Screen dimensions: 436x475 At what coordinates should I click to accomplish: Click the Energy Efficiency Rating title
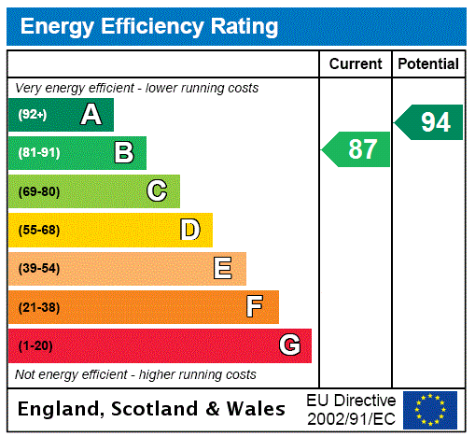(149, 27)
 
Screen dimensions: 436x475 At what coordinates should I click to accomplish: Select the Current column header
(356, 64)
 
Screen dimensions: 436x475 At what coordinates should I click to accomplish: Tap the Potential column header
(428, 64)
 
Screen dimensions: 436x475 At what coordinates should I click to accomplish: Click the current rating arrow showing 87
(356, 149)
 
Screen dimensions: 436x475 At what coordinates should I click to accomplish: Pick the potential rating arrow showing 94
(429, 122)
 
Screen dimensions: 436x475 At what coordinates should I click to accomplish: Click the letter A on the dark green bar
(91, 115)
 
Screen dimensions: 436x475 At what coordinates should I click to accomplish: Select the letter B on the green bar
(123, 153)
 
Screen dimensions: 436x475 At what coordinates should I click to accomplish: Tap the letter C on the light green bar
(157, 191)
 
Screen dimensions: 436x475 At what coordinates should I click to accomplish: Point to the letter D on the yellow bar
(189, 230)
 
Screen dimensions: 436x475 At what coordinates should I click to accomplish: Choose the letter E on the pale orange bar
(223, 269)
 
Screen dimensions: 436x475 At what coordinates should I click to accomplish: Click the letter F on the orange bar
(255, 307)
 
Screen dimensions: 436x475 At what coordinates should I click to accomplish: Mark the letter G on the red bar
(289, 346)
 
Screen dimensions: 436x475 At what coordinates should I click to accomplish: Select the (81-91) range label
(38, 153)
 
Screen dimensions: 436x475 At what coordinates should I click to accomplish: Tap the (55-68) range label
(38, 230)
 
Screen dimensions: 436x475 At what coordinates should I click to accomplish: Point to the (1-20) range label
(35, 346)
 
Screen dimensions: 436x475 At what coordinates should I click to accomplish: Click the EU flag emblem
(430, 410)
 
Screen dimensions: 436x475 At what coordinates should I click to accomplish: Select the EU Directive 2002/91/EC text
(351, 410)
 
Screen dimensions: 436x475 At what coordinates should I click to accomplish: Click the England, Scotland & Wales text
(152, 409)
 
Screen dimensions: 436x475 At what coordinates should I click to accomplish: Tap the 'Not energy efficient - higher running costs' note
(135, 374)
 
